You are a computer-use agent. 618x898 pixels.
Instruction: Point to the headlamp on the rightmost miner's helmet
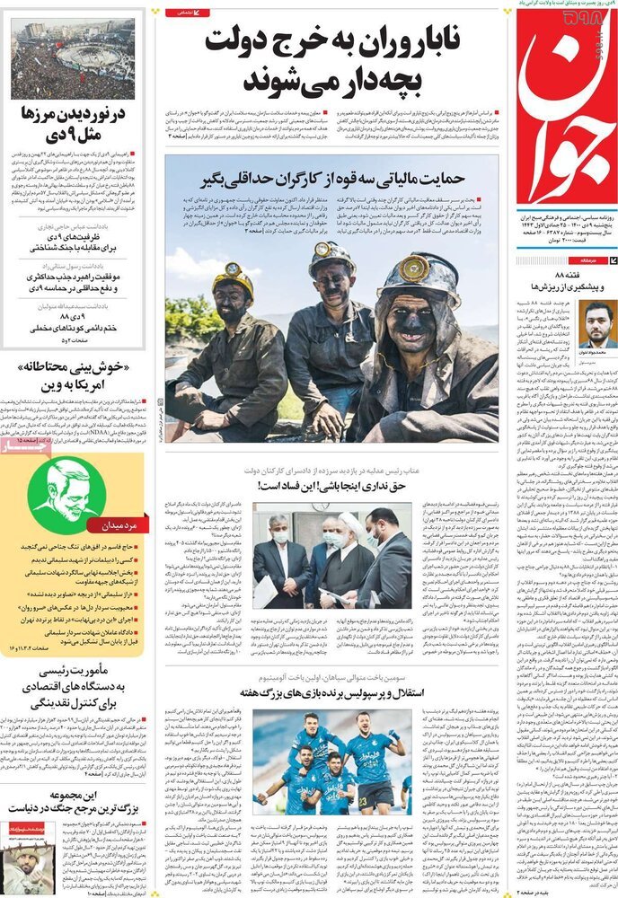(x=414, y=269)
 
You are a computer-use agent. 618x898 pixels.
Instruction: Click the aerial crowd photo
(x=73, y=59)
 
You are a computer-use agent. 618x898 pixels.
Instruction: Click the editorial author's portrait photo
(x=595, y=323)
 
